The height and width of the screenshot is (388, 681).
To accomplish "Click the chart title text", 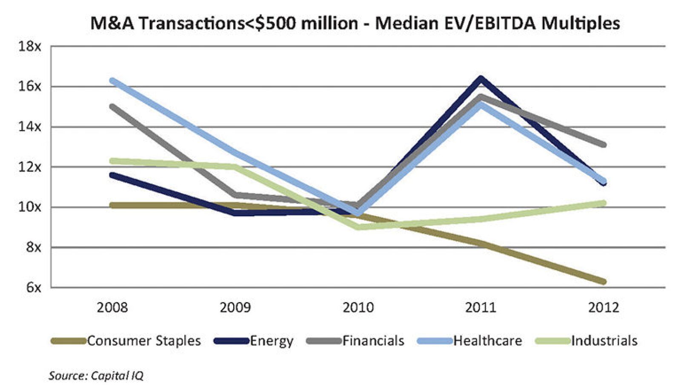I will click(355, 23).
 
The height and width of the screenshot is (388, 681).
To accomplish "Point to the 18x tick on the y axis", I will click(29, 46).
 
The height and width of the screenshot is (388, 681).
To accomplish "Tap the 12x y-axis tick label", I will click(29, 167).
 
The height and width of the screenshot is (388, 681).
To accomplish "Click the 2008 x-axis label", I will click(112, 307).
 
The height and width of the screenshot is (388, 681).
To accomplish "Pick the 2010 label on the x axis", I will click(358, 307).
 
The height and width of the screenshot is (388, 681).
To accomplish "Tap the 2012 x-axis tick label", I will click(603, 307).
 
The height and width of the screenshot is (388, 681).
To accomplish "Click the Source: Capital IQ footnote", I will click(96, 376).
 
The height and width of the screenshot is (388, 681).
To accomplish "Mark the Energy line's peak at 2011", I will click(481, 78).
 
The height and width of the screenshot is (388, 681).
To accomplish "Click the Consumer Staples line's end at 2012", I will click(603, 282).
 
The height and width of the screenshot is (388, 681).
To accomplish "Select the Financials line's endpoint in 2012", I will click(603, 145).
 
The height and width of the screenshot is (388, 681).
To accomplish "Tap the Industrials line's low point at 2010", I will click(358, 227).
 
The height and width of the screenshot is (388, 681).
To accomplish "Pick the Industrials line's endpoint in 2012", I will click(603, 203).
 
